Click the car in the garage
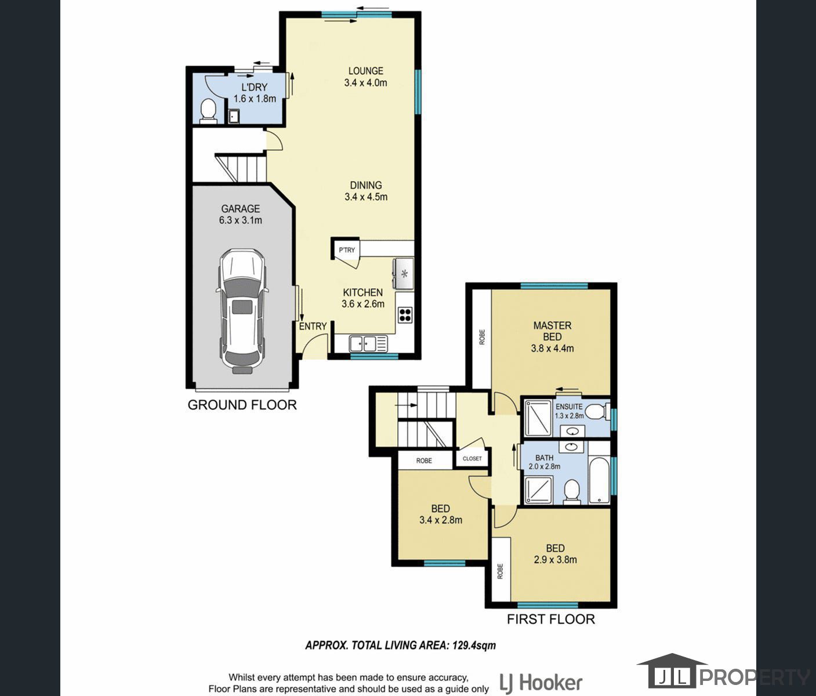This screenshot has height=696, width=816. [x=242, y=311]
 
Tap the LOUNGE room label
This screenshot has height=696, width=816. [x=365, y=71]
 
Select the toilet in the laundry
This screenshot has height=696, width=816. [x=208, y=111]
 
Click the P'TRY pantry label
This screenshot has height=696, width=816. [x=347, y=250]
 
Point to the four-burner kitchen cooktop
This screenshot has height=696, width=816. [x=405, y=314]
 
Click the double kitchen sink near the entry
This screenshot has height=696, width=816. [x=368, y=343]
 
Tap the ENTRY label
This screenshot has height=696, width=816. [x=313, y=327]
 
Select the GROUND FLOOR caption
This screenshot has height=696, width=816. [x=242, y=405]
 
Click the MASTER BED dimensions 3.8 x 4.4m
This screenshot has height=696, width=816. [x=552, y=349]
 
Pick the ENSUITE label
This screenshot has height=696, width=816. [x=569, y=407]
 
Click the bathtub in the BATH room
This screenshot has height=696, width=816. [x=599, y=480]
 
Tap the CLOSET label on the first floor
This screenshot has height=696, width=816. [x=472, y=459]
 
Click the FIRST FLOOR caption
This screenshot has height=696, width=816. [x=551, y=619]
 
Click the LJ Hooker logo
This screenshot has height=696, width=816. [x=541, y=683]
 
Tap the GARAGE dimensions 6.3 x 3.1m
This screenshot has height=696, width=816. [x=241, y=220]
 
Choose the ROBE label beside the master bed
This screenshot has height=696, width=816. [x=482, y=337]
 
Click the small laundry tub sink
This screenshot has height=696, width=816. [x=234, y=117]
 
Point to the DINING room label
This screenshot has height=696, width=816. [x=366, y=185]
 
